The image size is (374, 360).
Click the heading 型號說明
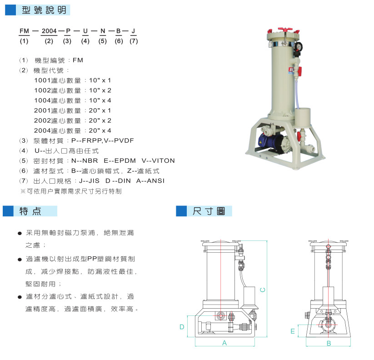pyautogui.click(x=44, y=10)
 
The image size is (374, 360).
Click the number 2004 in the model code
pyautogui.click(x=49, y=31)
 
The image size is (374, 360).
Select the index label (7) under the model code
pyautogui.click(x=134, y=41)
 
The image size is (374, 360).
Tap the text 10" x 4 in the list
pyautogui.click(x=100, y=100)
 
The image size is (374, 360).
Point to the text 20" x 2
pyautogui.click(x=100, y=120)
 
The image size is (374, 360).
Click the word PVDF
pyautogui.click(x=124, y=140)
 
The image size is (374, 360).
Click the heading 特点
pyautogui.click(x=30, y=211)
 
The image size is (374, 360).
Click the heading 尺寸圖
pyautogui.click(x=209, y=211)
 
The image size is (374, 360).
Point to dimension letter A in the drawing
pyautogui.click(x=224, y=343)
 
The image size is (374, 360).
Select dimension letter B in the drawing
pyautogui.click(x=329, y=343)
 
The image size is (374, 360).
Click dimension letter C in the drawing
pyautogui.click(x=262, y=290)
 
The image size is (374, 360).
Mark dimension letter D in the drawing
pyautogui.click(x=182, y=327)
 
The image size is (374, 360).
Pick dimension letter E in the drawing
pyautogui.click(x=293, y=331)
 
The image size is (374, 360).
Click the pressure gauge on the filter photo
pyautogui.click(x=298, y=46)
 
